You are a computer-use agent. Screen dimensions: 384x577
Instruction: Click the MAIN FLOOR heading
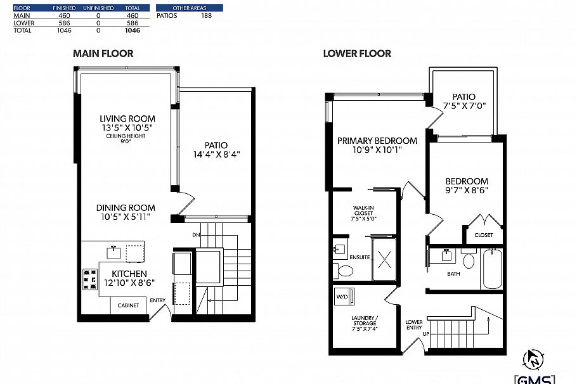(103, 53)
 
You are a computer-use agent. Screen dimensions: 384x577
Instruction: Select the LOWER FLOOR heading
(357, 53)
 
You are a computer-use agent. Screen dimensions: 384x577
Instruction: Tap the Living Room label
(127, 118)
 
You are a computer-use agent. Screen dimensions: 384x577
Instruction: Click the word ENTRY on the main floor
(158, 300)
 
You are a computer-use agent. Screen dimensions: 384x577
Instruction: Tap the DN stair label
(197, 235)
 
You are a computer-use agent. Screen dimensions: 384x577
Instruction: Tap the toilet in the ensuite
(345, 271)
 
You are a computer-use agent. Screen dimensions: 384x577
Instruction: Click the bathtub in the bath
(491, 269)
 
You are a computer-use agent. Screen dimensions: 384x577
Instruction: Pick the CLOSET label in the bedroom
(483, 235)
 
